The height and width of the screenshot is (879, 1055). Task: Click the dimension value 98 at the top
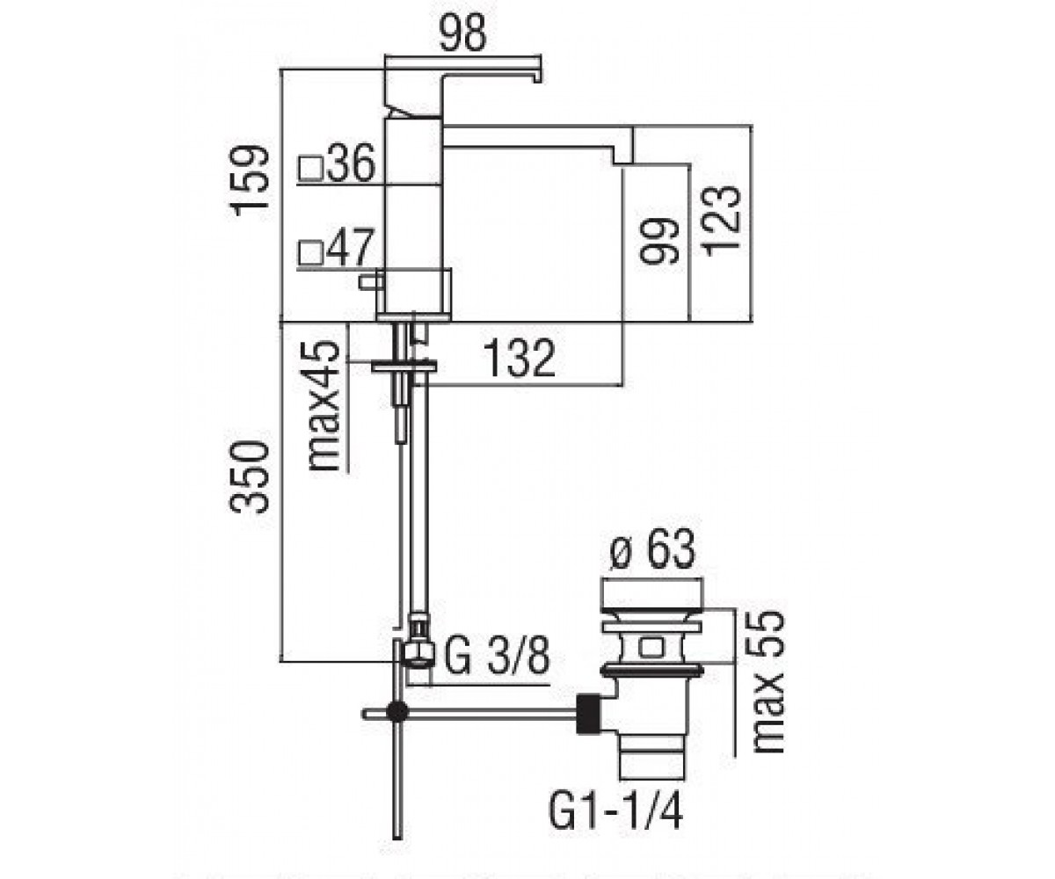click(462, 32)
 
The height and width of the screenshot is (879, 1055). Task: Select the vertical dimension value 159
click(250, 181)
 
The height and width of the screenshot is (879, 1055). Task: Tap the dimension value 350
click(248, 477)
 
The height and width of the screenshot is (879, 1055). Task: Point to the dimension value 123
click(721, 222)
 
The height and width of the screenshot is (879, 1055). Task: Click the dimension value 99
click(658, 242)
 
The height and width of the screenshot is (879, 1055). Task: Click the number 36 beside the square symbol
click(352, 163)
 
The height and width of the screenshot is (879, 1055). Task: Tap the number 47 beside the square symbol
click(351, 246)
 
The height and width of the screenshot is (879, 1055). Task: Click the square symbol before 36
click(311, 168)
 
